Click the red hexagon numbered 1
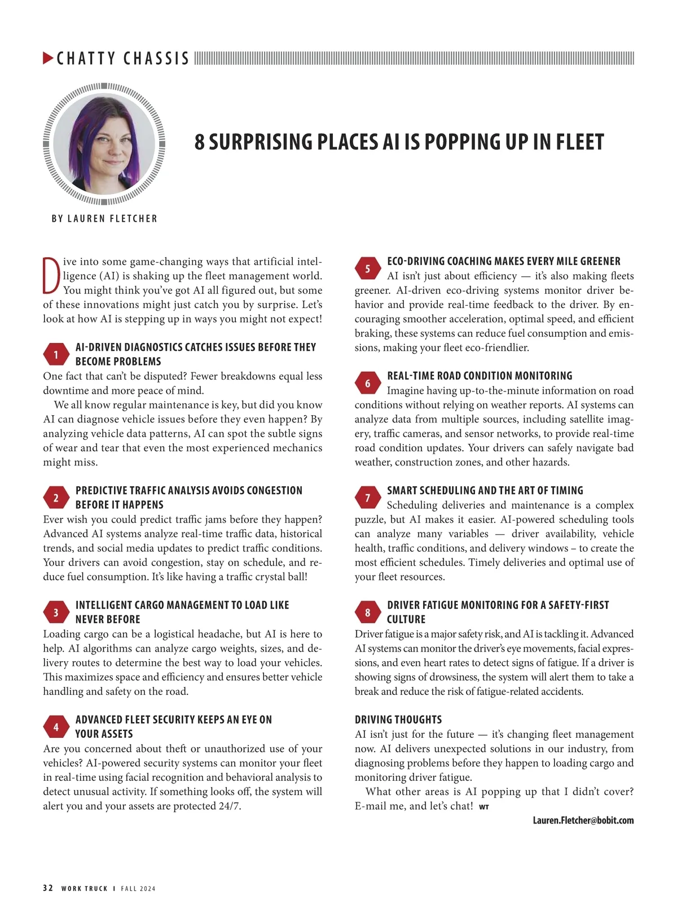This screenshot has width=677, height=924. tap(56, 354)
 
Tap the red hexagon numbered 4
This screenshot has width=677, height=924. tap(56, 727)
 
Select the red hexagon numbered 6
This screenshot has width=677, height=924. tap(367, 384)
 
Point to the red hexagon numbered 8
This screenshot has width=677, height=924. tap(367, 613)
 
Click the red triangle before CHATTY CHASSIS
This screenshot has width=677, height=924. tap(49, 58)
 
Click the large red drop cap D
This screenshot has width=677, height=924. tap(51, 276)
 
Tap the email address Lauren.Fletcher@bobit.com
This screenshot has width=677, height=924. tap(583, 820)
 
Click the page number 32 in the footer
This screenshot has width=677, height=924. tap(48, 888)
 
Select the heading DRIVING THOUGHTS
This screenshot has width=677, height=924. tap(398, 720)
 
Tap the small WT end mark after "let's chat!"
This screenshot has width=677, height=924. tap(484, 807)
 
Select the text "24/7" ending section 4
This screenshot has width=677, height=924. tap(229, 806)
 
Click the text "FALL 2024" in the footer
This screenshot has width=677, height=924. tap(138, 888)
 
